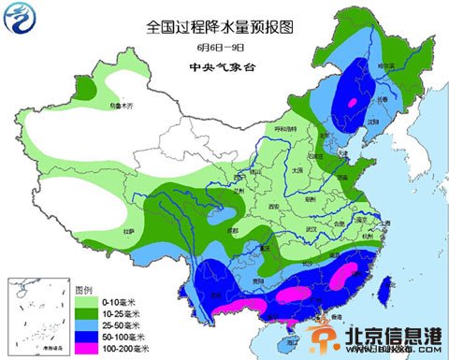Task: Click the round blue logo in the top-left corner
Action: (x=21, y=20)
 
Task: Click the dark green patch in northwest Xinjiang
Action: (x=86, y=90)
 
